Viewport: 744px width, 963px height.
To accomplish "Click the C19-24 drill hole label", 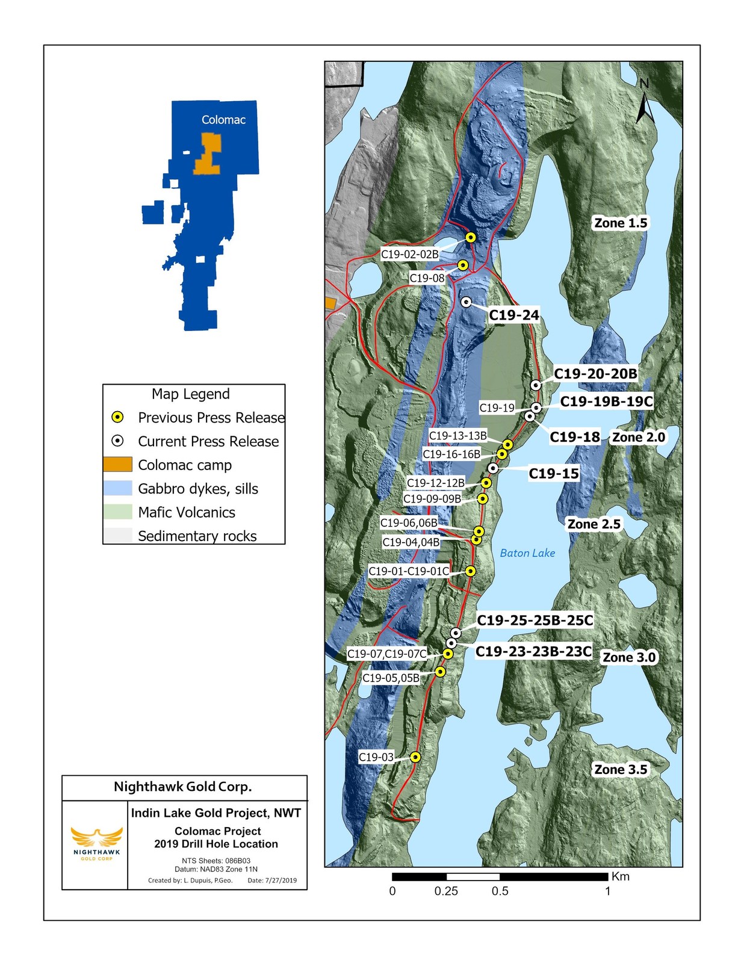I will pos(513,315).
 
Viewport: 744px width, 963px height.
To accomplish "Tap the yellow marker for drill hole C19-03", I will pos(415,757).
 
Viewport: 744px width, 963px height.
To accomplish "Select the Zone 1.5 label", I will pos(621,223).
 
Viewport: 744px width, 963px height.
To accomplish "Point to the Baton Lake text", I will pos(527,553).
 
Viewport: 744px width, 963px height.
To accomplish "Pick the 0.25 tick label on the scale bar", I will pos(446,891).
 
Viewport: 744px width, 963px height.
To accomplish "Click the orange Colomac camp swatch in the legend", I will pos(117,465).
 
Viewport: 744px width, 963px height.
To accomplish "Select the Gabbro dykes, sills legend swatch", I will pos(117,488).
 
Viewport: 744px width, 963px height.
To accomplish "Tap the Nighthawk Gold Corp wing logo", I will pos(96,838).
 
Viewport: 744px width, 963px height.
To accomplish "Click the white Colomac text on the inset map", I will pos(223,120).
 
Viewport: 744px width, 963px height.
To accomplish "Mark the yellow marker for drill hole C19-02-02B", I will pos(471,238).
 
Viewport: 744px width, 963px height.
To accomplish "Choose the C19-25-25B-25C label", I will pos(535,621).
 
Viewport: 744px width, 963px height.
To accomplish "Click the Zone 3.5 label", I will pos(621,770).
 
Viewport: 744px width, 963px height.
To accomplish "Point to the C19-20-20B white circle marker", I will pos(536,385).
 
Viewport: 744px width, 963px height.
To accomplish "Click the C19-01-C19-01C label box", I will pos(409,571).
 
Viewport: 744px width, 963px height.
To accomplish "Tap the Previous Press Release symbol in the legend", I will pos(119,417).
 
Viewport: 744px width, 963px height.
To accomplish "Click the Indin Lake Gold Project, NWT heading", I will pos(216,813).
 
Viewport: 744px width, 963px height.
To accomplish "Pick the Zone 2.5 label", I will pos(594,524).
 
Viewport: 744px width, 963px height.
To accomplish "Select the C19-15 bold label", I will pos(554,474).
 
